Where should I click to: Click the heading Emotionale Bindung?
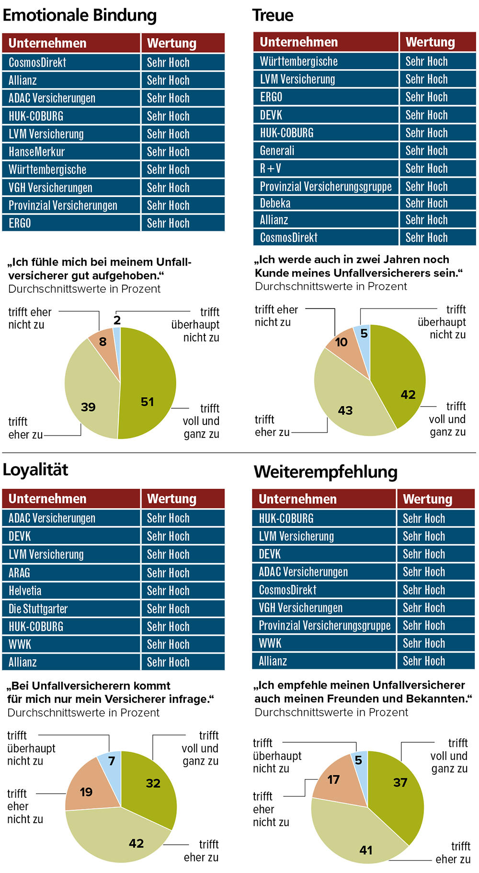(x=80, y=16)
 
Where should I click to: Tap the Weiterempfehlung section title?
(x=326, y=472)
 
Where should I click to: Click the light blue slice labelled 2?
(x=117, y=332)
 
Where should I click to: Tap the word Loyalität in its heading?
(x=36, y=470)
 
